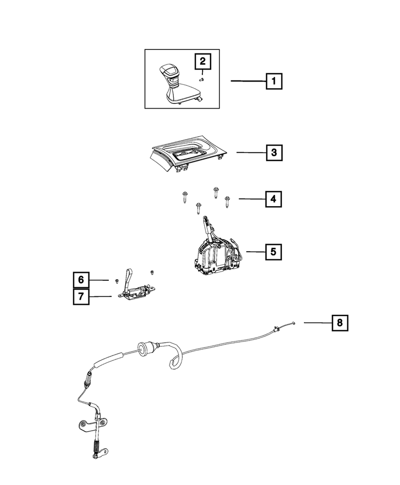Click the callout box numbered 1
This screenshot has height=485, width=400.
pos(274,81)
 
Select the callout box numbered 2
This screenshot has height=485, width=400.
pos(202,61)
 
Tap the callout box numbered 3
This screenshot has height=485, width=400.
pos(274,152)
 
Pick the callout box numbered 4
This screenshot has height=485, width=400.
pos(273,199)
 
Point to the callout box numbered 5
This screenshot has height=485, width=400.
pos(273,252)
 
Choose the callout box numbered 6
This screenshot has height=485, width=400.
pos(81,280)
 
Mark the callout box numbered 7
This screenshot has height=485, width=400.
pos(81,297)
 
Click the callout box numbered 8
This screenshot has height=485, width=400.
pos(340,323)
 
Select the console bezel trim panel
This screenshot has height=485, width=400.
pos(187,153)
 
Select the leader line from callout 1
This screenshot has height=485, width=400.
pos(248,81)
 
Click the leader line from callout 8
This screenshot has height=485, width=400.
pos(318,323)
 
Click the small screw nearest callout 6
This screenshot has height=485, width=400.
pos(117,280)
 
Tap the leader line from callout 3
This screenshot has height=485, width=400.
pos(251,152)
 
